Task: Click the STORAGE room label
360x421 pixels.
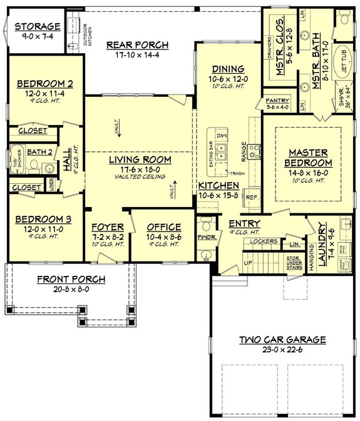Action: coord(38,26)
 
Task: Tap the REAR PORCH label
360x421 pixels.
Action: coord(137,44)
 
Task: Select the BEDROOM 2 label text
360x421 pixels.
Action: coord(44,83)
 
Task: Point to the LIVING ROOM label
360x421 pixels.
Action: coord(140,160)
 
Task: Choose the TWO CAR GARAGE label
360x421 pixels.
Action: coord(282,340)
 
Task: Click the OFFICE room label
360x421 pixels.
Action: coord(164,227)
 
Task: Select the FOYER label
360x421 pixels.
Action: coord(108,227)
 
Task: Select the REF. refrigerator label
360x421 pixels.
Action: coord(252,197)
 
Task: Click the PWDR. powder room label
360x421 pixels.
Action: coord(205,238)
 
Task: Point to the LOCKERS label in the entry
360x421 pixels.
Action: coord(263,240)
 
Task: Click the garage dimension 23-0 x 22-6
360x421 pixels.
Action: coord(282,350)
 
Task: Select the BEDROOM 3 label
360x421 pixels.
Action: coord(44,220)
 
